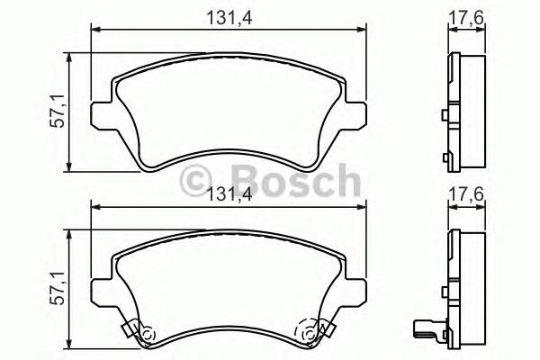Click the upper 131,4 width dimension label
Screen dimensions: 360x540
tap(229, 15)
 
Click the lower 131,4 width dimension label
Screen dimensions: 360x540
tap(229, 191)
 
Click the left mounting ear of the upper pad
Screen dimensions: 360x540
tap(102, 116)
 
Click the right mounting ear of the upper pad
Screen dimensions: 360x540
tap(358, 116)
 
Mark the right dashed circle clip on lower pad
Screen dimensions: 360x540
tap(311, 335)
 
